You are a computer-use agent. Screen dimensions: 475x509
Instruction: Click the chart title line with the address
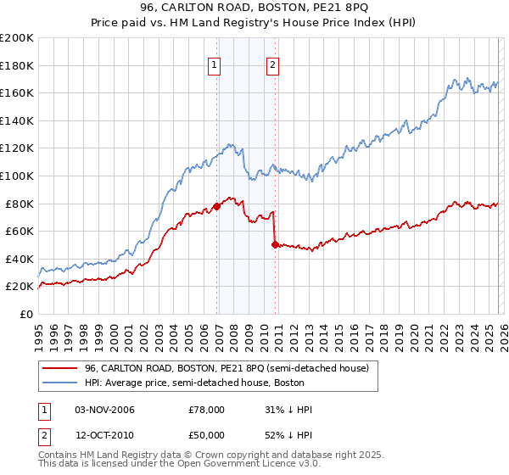point(255,8)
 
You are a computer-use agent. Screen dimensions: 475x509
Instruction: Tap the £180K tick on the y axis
point(17,65)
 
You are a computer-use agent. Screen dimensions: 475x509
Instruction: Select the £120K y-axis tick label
point(17,148)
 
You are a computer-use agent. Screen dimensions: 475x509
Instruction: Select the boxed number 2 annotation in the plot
point(272,64)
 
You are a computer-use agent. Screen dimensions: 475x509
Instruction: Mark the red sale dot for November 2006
point(217,206)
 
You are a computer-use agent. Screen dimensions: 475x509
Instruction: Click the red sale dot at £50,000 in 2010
point(275,244)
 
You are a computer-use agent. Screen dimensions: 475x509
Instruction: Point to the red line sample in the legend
point(59,369)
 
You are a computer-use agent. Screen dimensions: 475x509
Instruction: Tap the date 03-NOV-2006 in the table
point(104,410)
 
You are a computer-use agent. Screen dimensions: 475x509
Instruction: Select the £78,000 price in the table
point(206,410)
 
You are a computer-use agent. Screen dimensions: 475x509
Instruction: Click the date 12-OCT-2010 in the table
point(104,434)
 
